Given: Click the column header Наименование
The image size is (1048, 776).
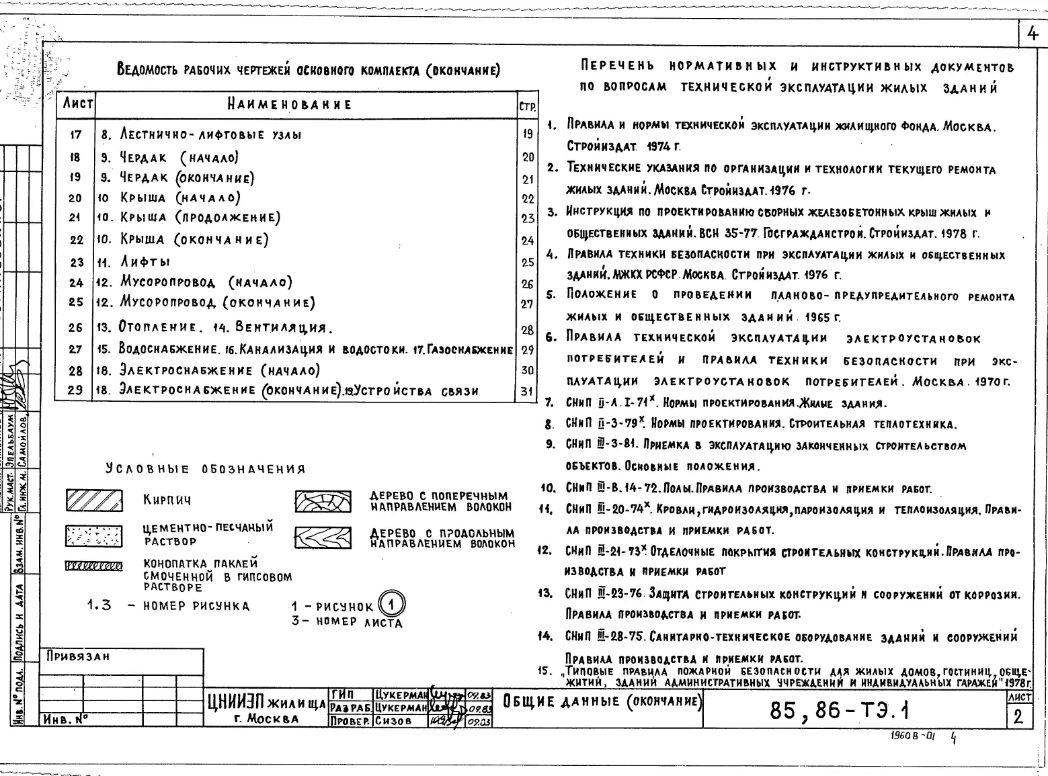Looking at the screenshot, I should coord(289,105).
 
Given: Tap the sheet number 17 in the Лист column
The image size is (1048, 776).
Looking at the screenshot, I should coord(75,134).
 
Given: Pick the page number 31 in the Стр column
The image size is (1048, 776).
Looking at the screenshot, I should coord(527,392).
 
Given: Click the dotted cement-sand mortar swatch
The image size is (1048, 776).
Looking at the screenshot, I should coord(93,535).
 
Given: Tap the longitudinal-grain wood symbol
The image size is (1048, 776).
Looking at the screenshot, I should coord(323,536).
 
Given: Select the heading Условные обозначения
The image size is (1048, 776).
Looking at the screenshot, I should coord(205,469).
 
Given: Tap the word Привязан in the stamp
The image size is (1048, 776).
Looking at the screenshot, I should coord(78,656).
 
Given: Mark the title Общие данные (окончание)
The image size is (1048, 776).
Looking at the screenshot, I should coord(602,701).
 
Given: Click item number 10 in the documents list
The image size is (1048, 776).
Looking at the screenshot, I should coord(548,488).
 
